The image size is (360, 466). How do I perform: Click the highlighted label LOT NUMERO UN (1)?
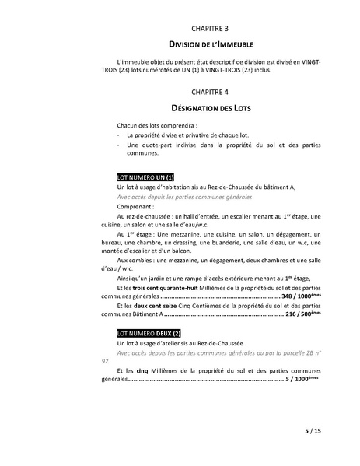click(x=145, y=177)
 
